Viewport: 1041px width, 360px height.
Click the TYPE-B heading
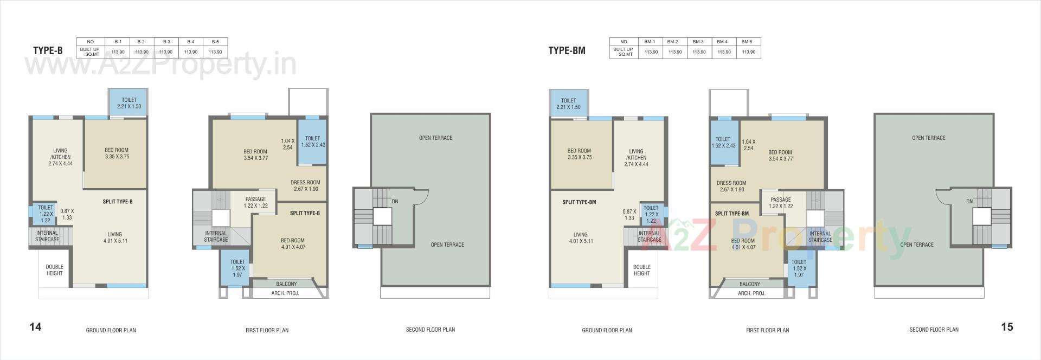point(48,51)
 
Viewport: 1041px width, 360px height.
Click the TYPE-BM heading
point(567,51)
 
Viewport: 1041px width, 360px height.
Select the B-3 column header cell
point(166,42)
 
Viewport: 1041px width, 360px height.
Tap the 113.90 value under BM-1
point(651,52)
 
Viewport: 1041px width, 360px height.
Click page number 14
point(35,327)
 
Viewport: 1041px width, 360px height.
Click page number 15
point(1007,327)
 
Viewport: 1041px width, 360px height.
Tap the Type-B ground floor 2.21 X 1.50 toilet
point(129,103)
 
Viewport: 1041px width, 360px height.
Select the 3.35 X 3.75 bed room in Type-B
point(117,153)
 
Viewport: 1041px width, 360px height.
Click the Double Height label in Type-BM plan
point(642,270)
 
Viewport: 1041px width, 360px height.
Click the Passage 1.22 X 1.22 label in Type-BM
point(780,203)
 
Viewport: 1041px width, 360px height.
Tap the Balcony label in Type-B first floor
point(286,284)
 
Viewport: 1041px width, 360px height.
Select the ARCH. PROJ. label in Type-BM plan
point(751,293)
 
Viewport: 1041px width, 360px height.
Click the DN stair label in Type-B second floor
point(395,202)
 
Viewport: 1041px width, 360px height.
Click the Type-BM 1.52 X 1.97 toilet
point(799,268)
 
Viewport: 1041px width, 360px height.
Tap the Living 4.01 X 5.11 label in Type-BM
point(581,238)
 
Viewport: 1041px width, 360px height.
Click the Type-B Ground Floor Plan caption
point(111,330)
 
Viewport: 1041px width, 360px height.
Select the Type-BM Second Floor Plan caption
point(934,330)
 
